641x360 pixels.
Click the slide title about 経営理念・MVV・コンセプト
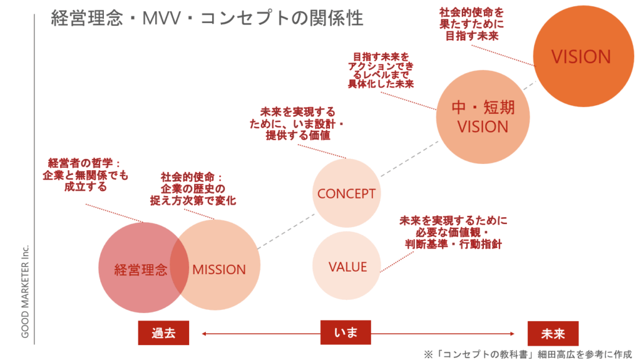tap(207, 18)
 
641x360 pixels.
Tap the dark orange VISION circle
tap(580, 57)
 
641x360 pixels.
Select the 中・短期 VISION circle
tap(483, 118)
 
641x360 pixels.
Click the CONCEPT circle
tap(346, 193)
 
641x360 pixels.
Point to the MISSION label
tap(219, 270)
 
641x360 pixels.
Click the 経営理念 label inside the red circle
tap(140, 270)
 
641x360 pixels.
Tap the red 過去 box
tap(163, 333)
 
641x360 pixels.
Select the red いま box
tap(346, 332)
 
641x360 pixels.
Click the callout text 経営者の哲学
tap(85, 175)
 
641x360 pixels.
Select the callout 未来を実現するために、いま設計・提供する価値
tap(297, 123)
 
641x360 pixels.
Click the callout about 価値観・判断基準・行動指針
tap(452, 232)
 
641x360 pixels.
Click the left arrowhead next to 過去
tap(204, 334)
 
